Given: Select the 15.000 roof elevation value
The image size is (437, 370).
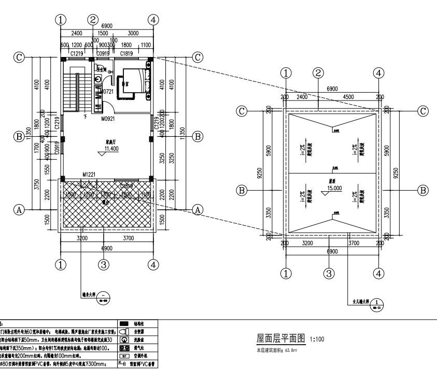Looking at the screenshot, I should click(334, 189).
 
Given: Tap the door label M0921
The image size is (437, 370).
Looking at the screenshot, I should click(107, 118).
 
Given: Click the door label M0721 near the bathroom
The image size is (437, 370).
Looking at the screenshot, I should click(107, 92).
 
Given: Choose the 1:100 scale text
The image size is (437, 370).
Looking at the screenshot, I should click(317, 340).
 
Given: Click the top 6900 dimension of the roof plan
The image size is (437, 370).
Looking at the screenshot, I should click(333, 90).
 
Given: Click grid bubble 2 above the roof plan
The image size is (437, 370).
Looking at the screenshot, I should click(318, 74).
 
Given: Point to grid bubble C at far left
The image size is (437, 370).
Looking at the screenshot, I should click(19, 57).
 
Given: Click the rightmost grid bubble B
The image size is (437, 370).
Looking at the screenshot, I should click(424, 190).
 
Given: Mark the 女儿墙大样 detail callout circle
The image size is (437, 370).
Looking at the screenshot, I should click(378, 303).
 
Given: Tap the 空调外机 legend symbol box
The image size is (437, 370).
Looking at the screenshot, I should click(123, 357).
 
